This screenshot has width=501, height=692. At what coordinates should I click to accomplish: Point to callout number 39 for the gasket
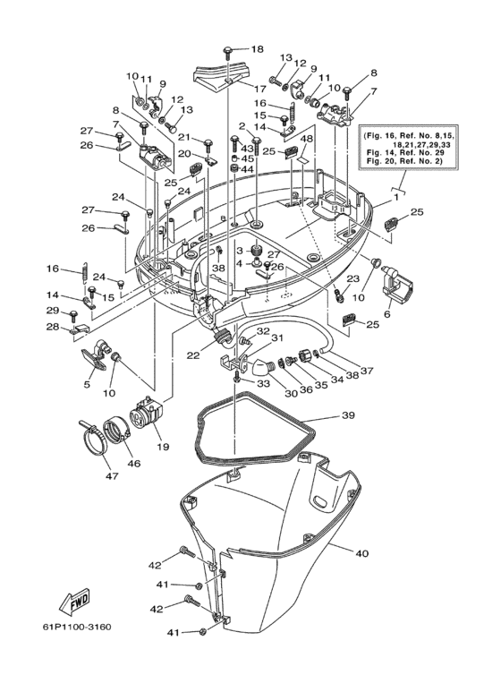click(348, 416)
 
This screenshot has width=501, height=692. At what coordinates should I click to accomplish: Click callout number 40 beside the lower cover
click(361, 553)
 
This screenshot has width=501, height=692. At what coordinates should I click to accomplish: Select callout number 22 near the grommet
click(192, 355)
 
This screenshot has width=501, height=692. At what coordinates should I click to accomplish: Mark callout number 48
click(306, 140)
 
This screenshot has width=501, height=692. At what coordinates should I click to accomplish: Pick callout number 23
click(353, 278)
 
